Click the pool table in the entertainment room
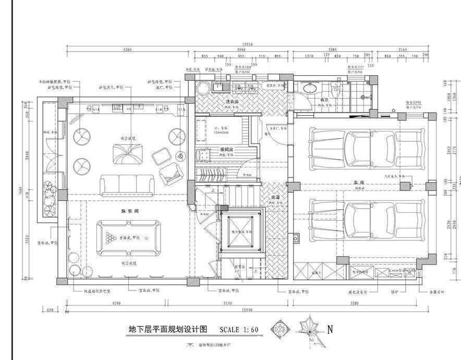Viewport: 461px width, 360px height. [x=128, y=238]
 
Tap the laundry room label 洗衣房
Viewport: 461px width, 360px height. [x=233, y=101]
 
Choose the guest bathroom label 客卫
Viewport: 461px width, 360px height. [x=324, y=99]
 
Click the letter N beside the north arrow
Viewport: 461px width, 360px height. [x=330, y=329]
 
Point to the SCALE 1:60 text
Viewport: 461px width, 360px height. [x=239, y=330]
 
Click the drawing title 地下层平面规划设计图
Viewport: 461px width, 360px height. [x=168, y=329]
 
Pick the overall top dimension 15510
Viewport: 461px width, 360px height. [x=247, y=45]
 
